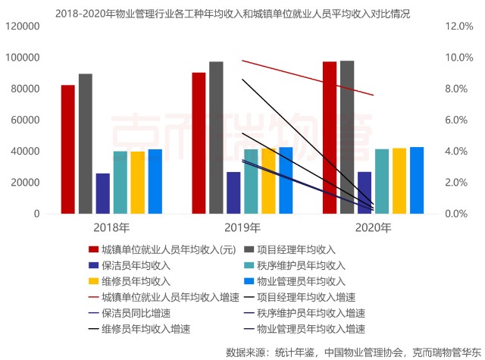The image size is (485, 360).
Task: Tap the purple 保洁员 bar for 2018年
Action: click(103, 193)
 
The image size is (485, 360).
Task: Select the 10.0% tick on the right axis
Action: click(448, 58)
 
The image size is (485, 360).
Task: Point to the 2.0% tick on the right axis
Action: click(448, 183)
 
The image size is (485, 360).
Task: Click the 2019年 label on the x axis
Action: click(242, 227)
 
